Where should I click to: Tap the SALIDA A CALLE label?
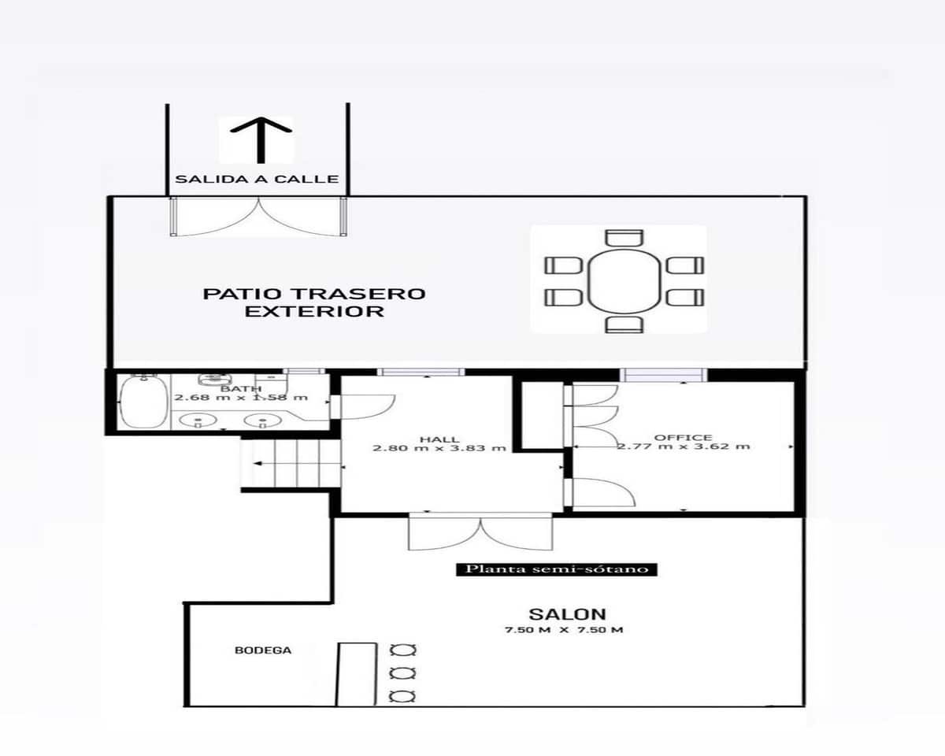point(257,180)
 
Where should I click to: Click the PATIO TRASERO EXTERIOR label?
point(314,302)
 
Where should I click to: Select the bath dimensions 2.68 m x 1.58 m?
point(240,398)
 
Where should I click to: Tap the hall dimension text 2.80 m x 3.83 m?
point(439,448)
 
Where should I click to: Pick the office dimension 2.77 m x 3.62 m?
point(683,447)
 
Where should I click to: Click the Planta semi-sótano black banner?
point(557,569)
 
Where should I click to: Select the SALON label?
point(556,614)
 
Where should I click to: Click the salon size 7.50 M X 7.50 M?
point(564,630)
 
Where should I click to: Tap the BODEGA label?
point(263,650)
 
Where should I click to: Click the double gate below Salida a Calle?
point(258,217)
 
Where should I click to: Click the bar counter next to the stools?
point(357,674)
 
